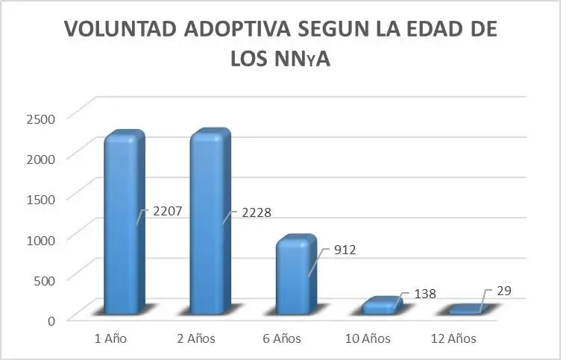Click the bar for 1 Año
[x=125, y=222]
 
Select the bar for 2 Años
[x=210, y=221]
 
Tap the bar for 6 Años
[x=296, y=274]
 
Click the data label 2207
[x=168, y=211]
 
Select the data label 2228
[x=257, y=212]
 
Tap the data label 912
[x=345, y=250]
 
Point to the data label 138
[x=425, y=294]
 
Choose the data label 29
[x=504, y=291]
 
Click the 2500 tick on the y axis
[x=41, y=119]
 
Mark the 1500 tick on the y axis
[x=41, y=199]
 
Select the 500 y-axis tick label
[x=44, y=280]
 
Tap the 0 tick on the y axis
[x=51, y=320]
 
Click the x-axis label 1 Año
[x=110, y=338]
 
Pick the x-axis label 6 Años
[x=282, y=338]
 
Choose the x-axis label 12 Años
[x=453, y=338]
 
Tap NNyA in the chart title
[x=303, y=59]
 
